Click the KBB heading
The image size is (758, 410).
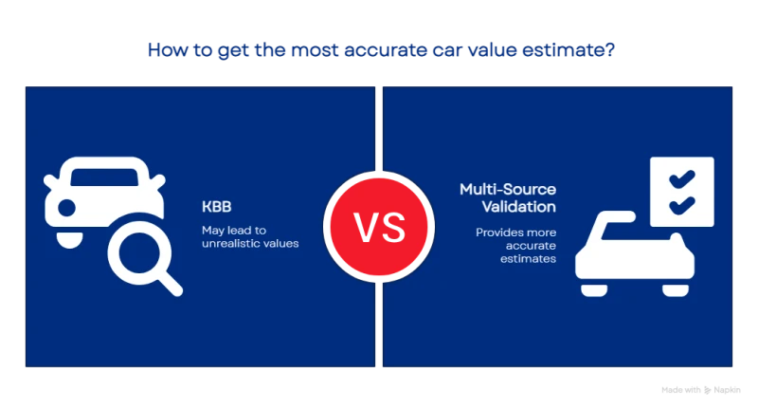click(x=217, y=207)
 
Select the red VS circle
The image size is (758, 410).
click(x=379, y=227)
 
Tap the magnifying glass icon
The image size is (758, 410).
click(x=144, y=258)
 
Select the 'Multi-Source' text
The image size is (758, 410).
click(x=508, y=189)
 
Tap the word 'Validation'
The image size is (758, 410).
click(x=518, y=207)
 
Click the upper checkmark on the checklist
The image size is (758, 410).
click(x=682, y=179)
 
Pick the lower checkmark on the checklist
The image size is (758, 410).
click(x=682, y=205)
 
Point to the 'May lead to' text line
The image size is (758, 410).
click(x=234, y=230)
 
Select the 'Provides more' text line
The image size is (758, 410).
click(x=515, y=233)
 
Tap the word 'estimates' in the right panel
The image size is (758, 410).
click(x=528, y=258)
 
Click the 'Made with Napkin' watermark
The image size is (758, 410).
click(x=701, y=390)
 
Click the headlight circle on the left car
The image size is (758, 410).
click(x=66, y=208)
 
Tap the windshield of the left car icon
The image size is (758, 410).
click(x=104, y=177)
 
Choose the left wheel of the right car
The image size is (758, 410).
click(x=594, y=290)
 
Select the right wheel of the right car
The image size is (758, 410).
click(x=676, y=290)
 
